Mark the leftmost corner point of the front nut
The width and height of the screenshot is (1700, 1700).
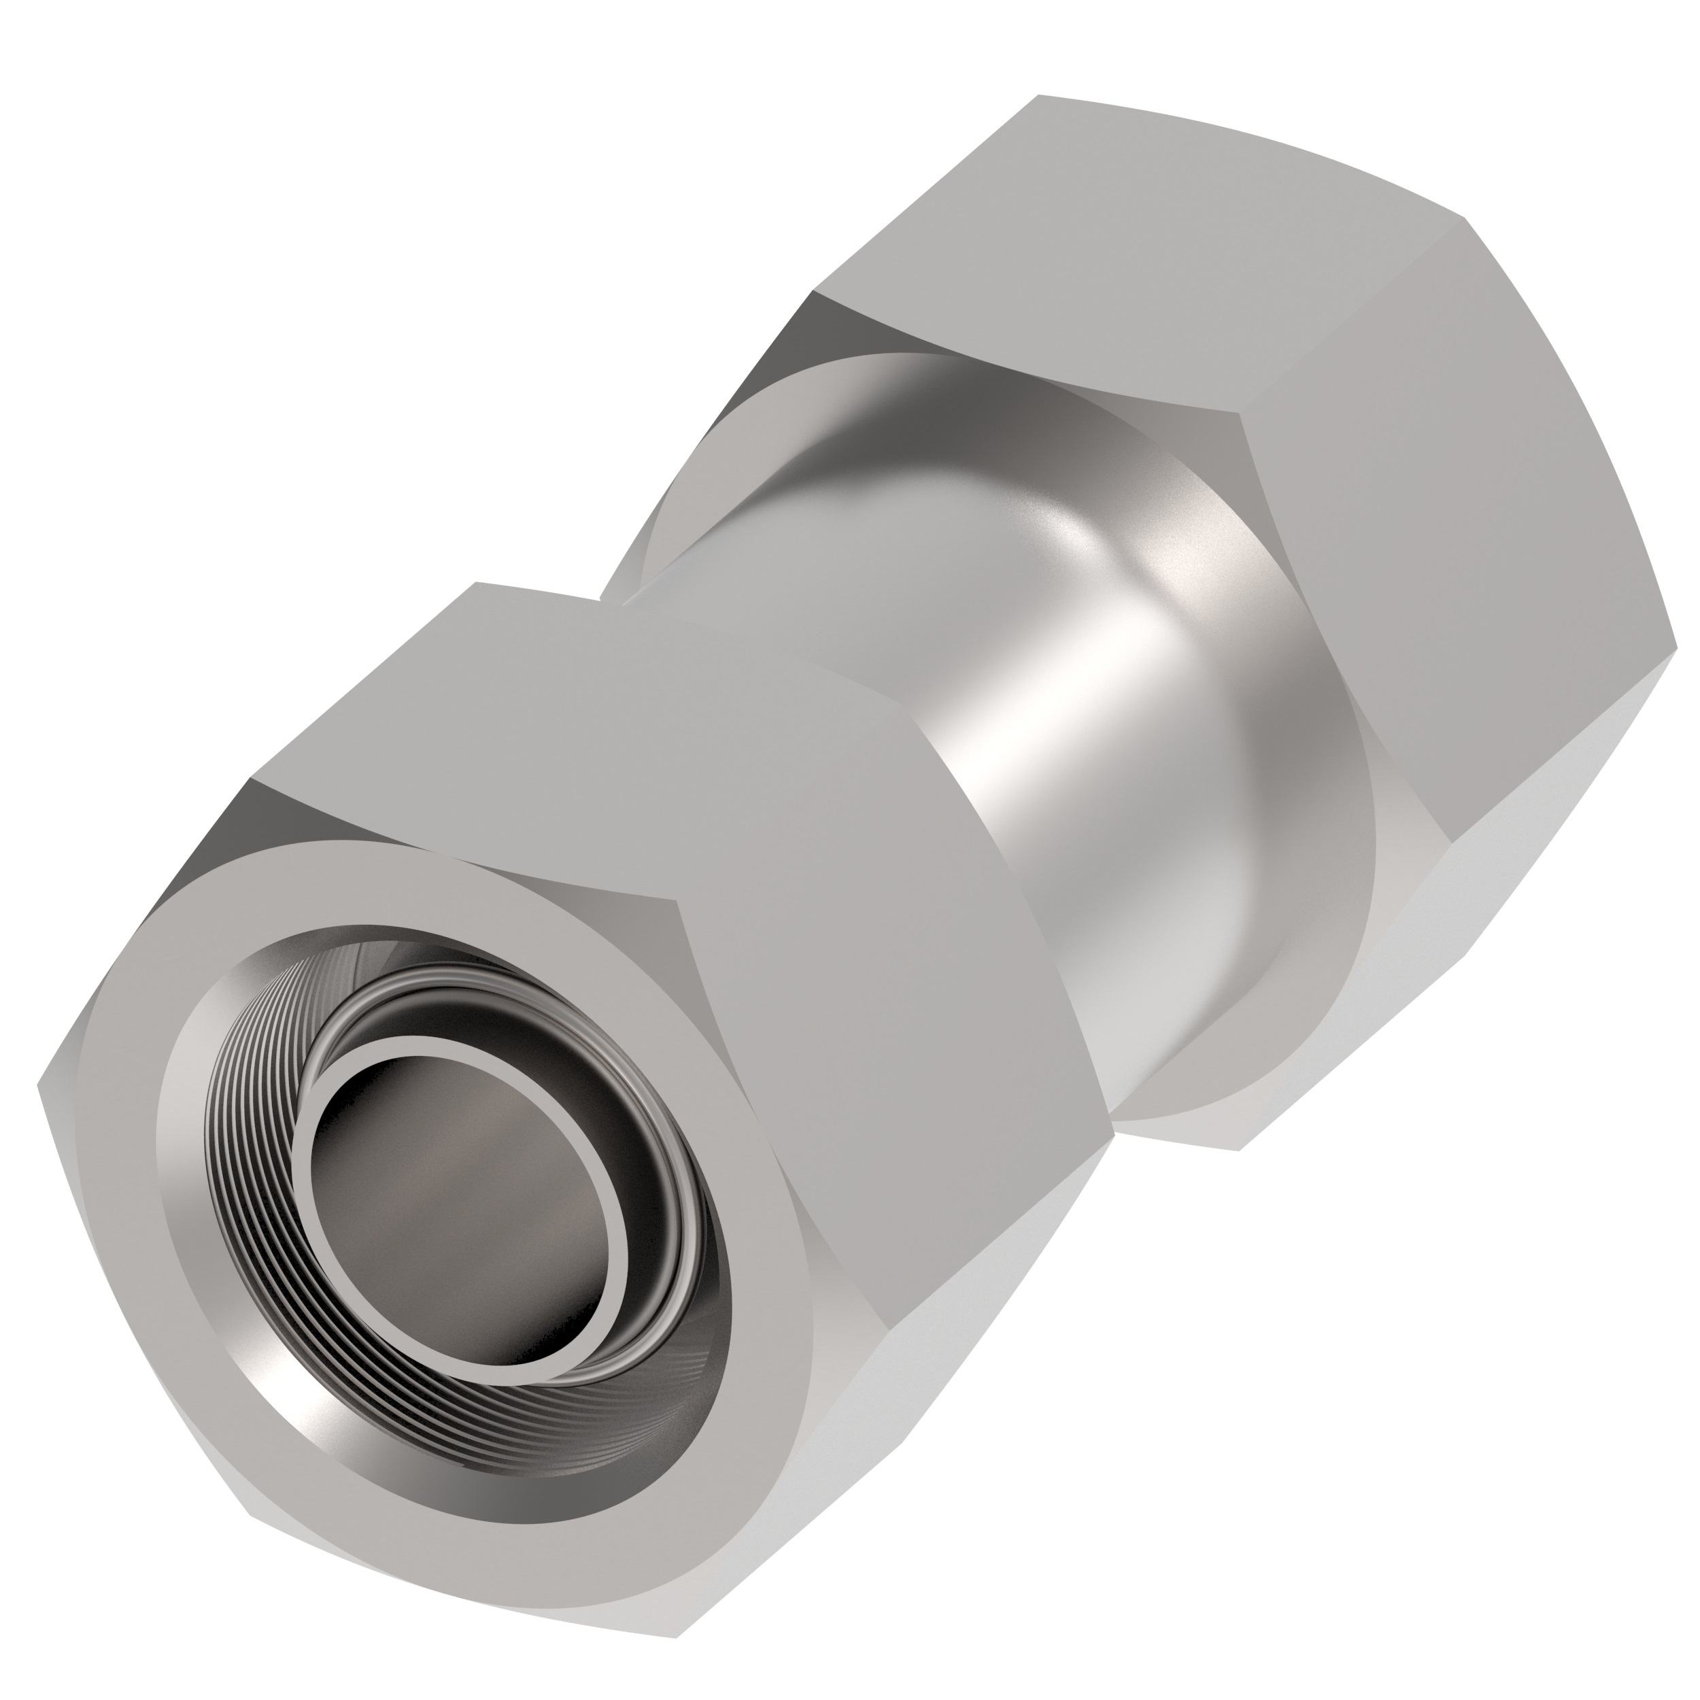tap(39, 1085)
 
